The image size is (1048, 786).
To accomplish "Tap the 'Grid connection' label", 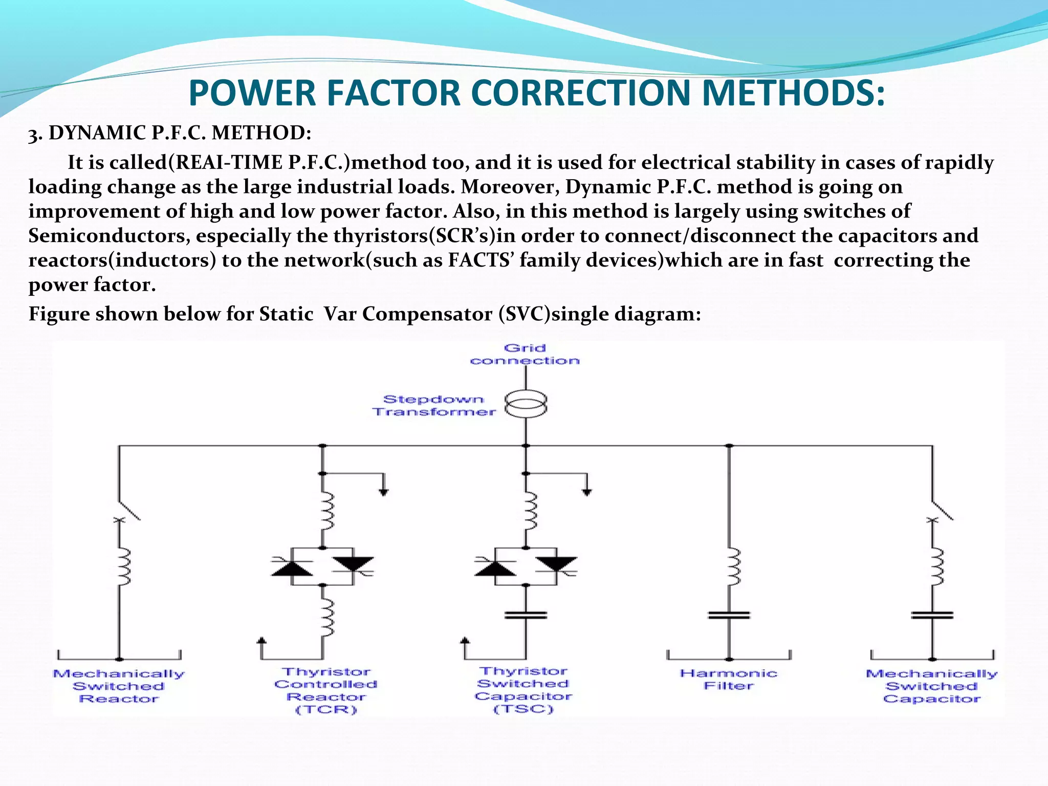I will [525, 354].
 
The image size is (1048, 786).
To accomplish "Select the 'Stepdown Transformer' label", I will [434, 405].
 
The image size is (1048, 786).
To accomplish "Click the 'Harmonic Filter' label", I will [729, 680].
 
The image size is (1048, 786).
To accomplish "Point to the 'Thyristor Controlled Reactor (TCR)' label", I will [326, 690].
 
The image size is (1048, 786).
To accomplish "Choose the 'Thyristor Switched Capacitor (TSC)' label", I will [523, 690].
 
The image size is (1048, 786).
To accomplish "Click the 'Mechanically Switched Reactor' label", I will [119, 686].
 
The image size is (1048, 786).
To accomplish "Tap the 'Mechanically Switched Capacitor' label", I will [932, 686].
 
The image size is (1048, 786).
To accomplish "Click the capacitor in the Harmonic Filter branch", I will [729, 615].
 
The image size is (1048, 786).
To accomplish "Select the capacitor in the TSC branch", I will [526, 615].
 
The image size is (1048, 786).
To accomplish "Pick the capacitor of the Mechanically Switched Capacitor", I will [932, 615].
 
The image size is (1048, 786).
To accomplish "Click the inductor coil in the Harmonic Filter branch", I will [733, 566].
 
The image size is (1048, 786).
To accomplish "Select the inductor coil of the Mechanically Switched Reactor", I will [123, 566].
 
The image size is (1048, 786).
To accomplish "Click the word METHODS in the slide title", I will [793, 93].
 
